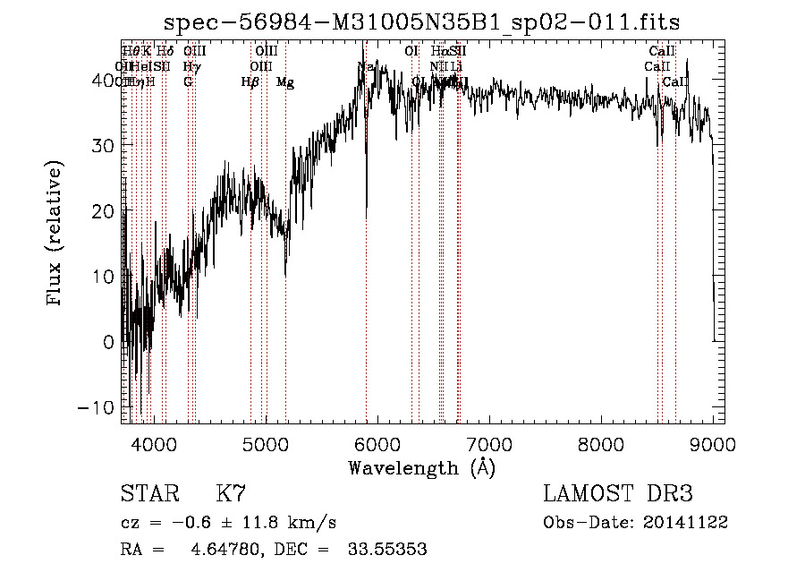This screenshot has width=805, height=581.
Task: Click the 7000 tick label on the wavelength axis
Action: pyautogui.click(x=489, y=443)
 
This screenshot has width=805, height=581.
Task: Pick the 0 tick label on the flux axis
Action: pyautogui.click(x=109, y=342)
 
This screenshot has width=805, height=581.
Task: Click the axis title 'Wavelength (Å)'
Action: pyautogui.click(x=421, y=467)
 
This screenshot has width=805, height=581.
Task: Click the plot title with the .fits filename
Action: pyautogui.click(x=428, y=21)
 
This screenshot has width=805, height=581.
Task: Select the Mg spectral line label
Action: pyautogui.click(x=285, y=82)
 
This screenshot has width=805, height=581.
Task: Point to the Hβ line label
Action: pyautogui.click(x=250, y=82)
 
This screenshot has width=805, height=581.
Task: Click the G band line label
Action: pyautogui.click(x=188, y=82)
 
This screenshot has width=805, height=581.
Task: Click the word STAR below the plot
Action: pyautogui.click(x=148, y=494)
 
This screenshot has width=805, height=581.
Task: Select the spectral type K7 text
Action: pyautogui.click(x=231, y=494)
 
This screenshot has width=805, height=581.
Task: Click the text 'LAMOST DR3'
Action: pyautogui.click(x=617, y=494)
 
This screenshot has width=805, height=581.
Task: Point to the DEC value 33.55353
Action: pyautogui.click(x=386, y=550)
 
